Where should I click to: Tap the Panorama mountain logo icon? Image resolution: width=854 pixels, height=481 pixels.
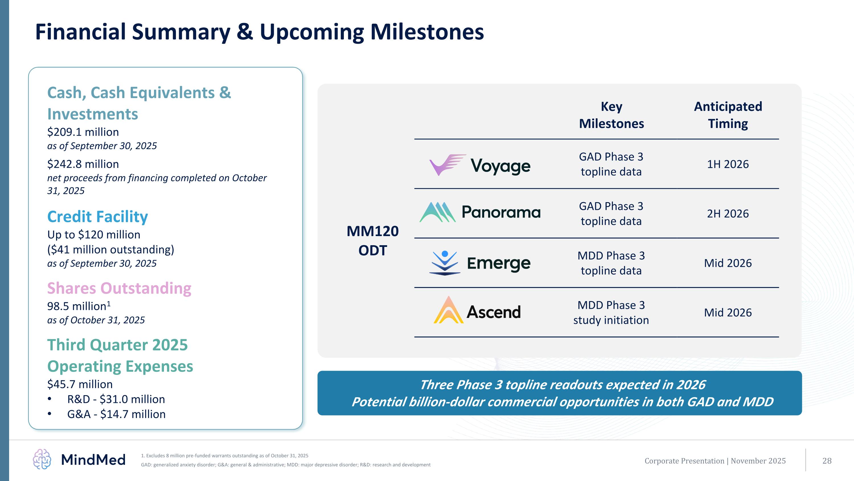tap(437, 212)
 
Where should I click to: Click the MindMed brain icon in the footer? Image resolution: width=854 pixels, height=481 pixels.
tap(42, 459)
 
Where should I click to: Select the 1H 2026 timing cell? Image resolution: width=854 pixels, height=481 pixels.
tap(728, 164)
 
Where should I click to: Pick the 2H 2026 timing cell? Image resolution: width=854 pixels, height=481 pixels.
tap(728, 214)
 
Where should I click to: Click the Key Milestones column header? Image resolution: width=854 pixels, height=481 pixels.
tap(611, 115)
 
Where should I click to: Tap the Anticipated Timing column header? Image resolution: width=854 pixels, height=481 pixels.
tap(728, 115)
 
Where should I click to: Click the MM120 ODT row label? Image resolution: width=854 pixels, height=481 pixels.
tap(373, 241)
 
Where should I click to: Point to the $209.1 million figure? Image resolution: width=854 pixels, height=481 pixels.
tap(83, 132)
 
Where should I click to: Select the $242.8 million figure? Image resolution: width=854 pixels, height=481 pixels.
tap(83, 164)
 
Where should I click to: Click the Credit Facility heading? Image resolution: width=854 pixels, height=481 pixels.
tap(97, 217)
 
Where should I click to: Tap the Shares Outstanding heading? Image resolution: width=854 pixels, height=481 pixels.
tap(119, 288)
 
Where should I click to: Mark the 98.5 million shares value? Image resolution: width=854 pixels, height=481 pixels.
tap(79, 306)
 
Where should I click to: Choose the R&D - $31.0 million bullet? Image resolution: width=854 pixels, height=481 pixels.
tap(116, 399)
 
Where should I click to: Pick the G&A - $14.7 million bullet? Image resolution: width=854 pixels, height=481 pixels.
tap(116, 414)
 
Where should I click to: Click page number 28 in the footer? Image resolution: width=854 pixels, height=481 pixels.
tap(827, 461)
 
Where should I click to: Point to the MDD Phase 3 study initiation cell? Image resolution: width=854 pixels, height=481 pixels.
tap(611, 312)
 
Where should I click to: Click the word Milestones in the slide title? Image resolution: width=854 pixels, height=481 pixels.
tap(427, 32)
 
